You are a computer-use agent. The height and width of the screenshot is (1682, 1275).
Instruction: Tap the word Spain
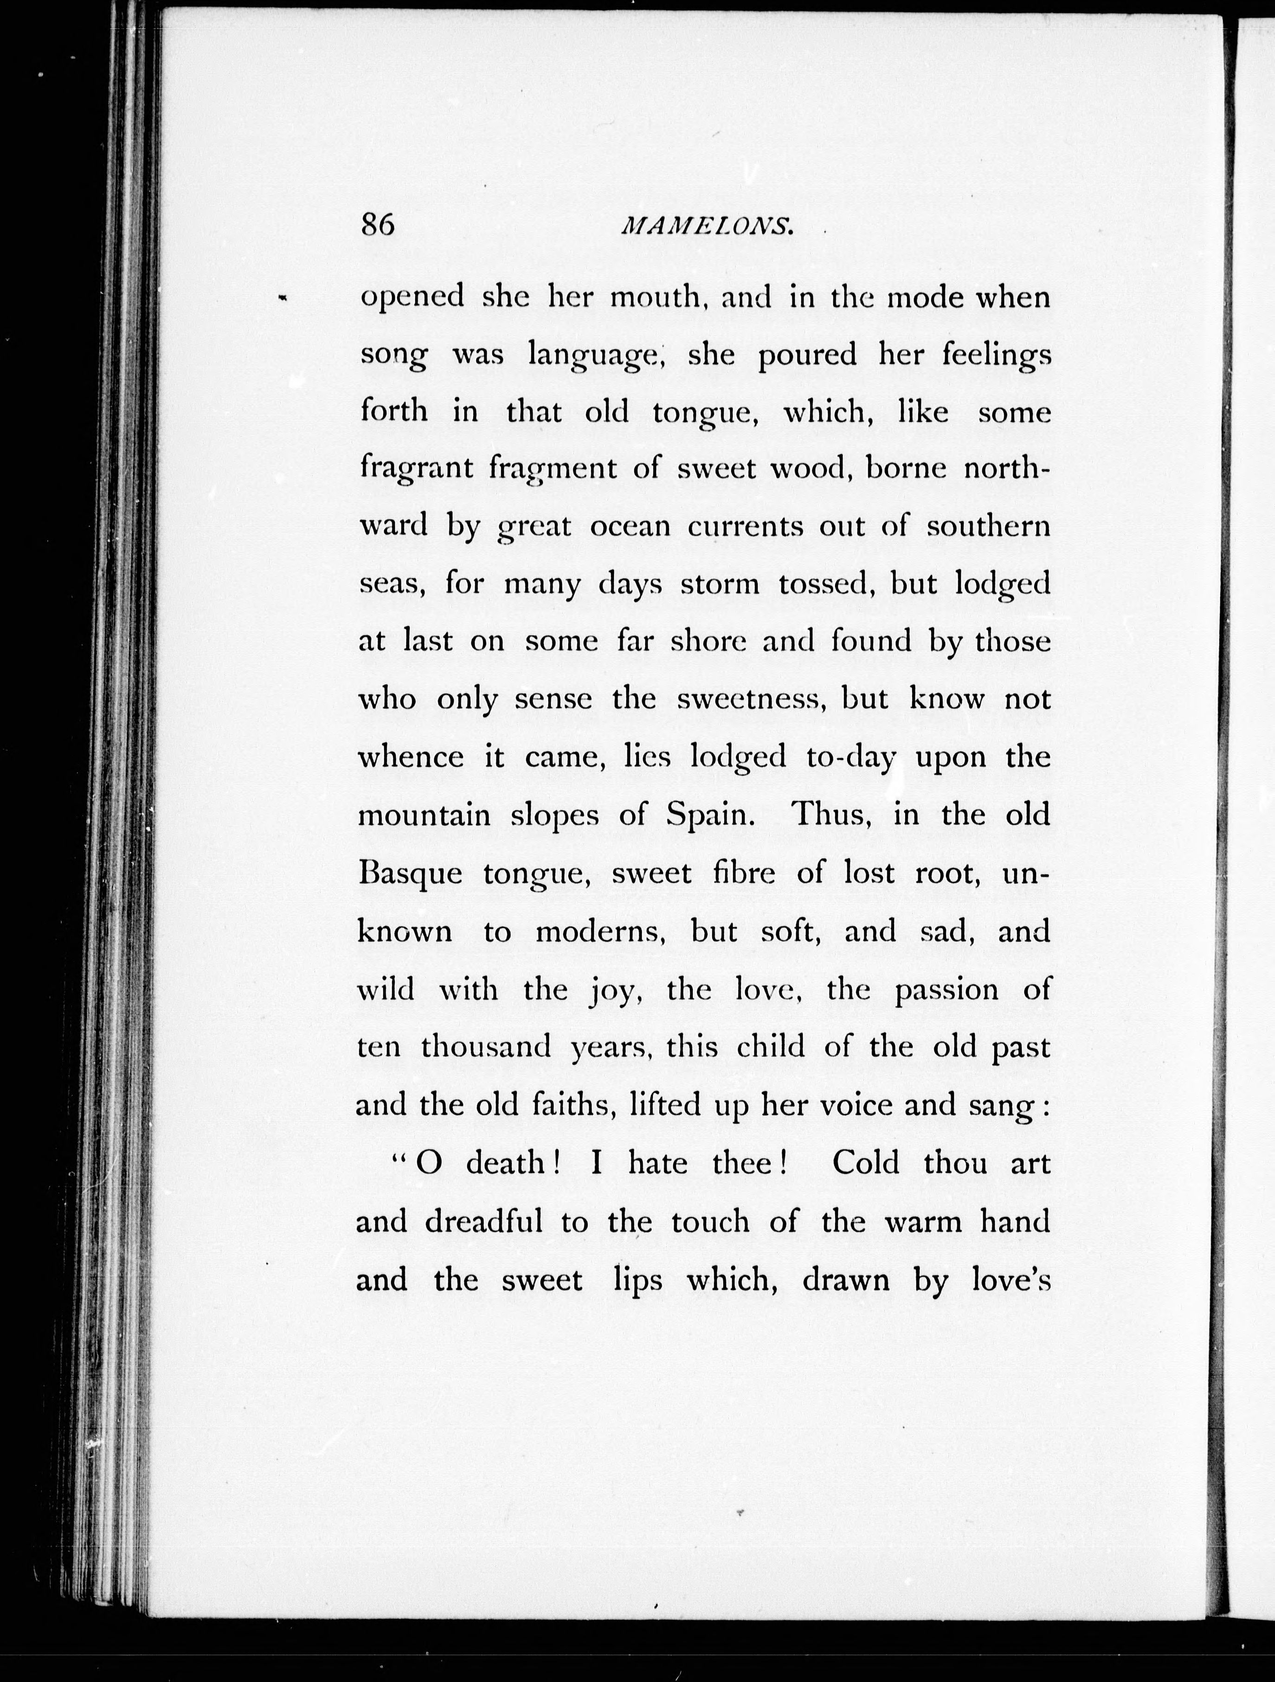pyautogui.click(x=710, y=816)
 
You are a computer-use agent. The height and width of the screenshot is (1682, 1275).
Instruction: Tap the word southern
pyautogui.click(x=988, y=526)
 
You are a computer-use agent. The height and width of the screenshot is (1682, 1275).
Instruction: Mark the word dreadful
pyautogui.click(x=483, y=1221)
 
